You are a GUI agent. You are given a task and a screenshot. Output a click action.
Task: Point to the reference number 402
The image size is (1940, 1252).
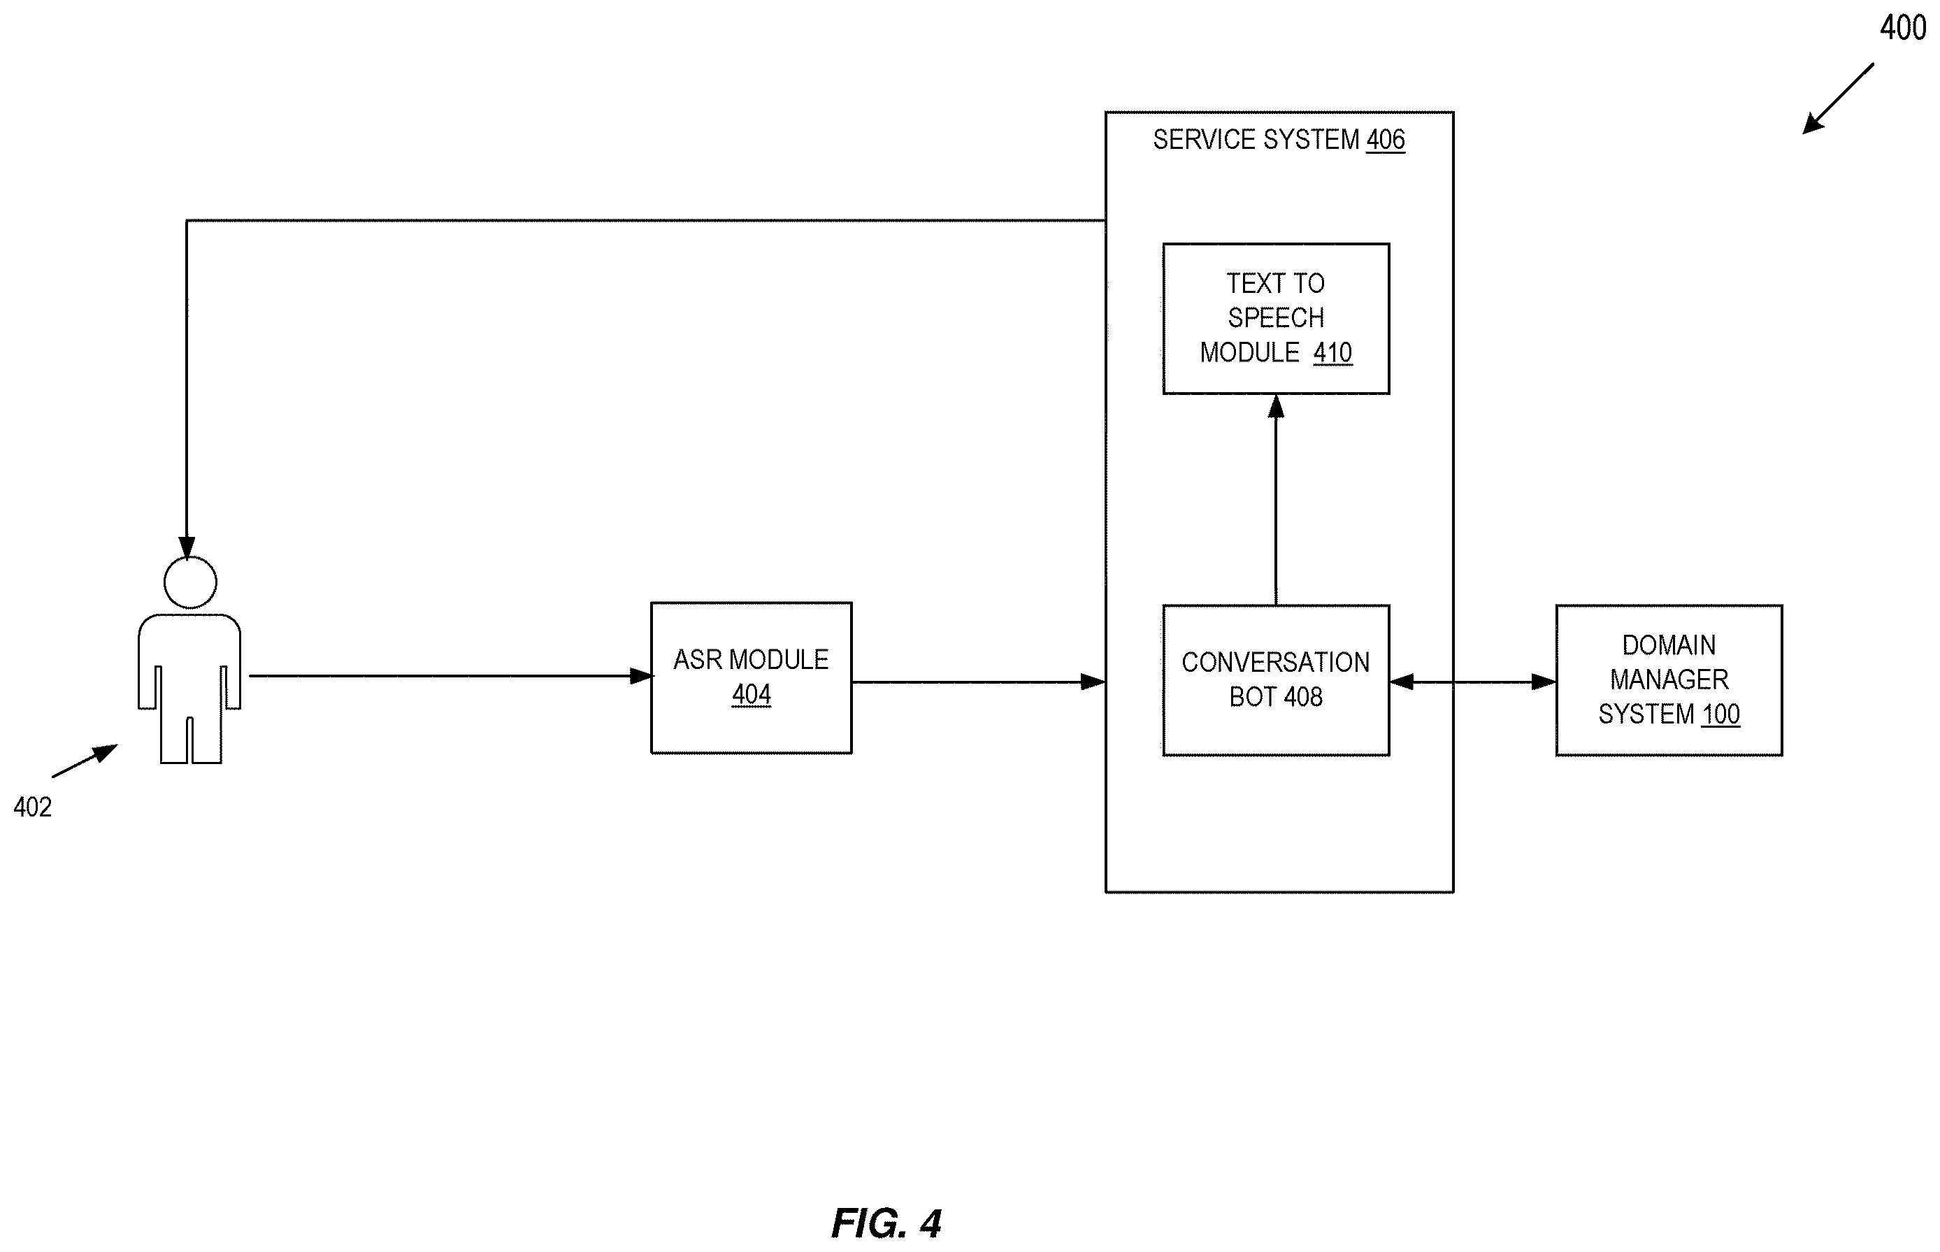pos(33,807)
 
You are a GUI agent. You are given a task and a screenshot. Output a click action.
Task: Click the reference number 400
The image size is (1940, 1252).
pos(1903,29)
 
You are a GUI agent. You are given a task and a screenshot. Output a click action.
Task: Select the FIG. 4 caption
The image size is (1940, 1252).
pos(886,1223)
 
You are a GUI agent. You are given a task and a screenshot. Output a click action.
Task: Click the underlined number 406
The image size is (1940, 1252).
pos(1386,140)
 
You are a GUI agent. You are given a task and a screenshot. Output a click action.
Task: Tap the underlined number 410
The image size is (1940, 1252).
pos(1332,353)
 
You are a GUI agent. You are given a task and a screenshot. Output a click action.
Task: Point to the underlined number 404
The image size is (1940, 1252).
pos(752,694)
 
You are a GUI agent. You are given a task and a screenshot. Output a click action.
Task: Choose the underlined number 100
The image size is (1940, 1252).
pos(1720,714)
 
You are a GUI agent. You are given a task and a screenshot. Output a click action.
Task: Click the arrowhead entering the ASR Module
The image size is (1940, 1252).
pos(642,675)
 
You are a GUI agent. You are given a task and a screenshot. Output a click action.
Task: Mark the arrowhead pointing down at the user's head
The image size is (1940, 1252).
pos(187,548)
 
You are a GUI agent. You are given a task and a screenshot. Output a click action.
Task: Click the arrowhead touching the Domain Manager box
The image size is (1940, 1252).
pos(1543,682)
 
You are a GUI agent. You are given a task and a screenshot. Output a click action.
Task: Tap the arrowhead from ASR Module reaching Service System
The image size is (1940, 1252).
pos(1093,682)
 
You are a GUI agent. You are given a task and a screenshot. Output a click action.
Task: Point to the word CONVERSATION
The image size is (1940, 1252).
pos(1276,663)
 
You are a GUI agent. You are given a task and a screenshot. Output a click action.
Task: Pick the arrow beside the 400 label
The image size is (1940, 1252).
pos(1837,99)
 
